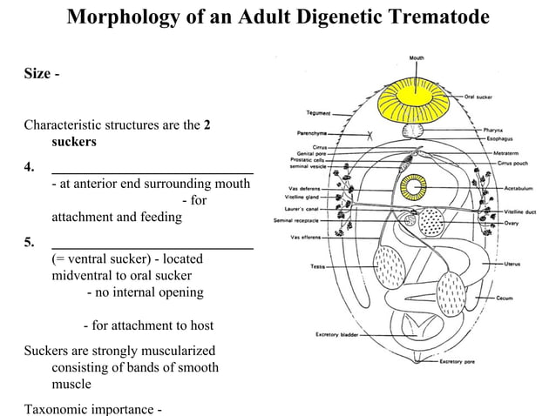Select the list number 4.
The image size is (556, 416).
pos(29,167)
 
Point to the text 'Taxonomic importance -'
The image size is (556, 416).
pos(93,408)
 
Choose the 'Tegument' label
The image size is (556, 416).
pos(317,113)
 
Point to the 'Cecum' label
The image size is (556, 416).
pos(505,299)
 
